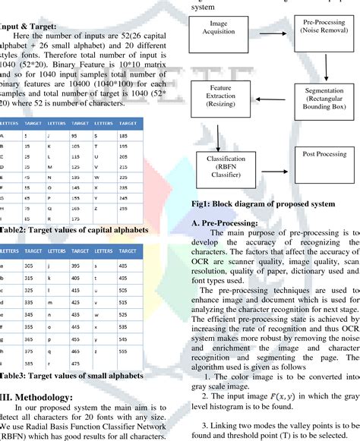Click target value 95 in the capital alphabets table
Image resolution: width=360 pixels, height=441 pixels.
(75, 135)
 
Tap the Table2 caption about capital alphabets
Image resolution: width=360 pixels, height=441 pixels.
(74, 229)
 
